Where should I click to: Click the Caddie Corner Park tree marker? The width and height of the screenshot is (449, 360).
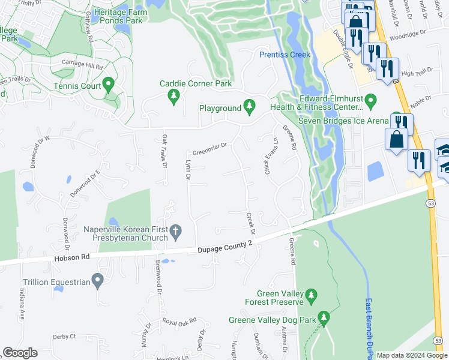coord(174,96)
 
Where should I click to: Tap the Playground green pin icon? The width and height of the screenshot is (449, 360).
coord(250,108)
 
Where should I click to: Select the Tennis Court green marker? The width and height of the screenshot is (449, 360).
coord(109,85)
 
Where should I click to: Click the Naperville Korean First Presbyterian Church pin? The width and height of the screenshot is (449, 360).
coord(176,230)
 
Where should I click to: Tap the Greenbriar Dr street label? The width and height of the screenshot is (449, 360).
coord(209,146)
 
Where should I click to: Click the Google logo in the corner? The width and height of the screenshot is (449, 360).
coord(20,353)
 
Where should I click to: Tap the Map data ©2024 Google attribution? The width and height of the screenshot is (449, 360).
coord(412,355)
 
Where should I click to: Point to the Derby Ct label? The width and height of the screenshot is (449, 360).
coord(64,337)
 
